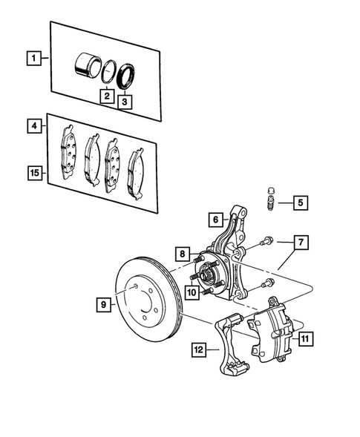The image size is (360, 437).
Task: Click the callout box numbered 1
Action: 32,56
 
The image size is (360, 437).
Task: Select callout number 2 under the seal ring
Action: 107,96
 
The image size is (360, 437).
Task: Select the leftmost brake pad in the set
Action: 68,149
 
